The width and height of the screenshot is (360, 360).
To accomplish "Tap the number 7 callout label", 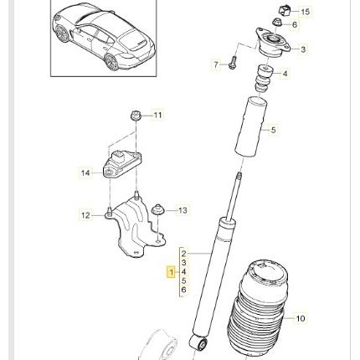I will click(216, 64).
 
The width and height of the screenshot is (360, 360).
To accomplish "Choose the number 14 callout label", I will click(84, 173).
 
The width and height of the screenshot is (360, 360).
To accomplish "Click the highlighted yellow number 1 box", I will click(170, 271).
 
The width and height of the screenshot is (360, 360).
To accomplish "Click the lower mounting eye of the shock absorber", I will click(197, 344).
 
